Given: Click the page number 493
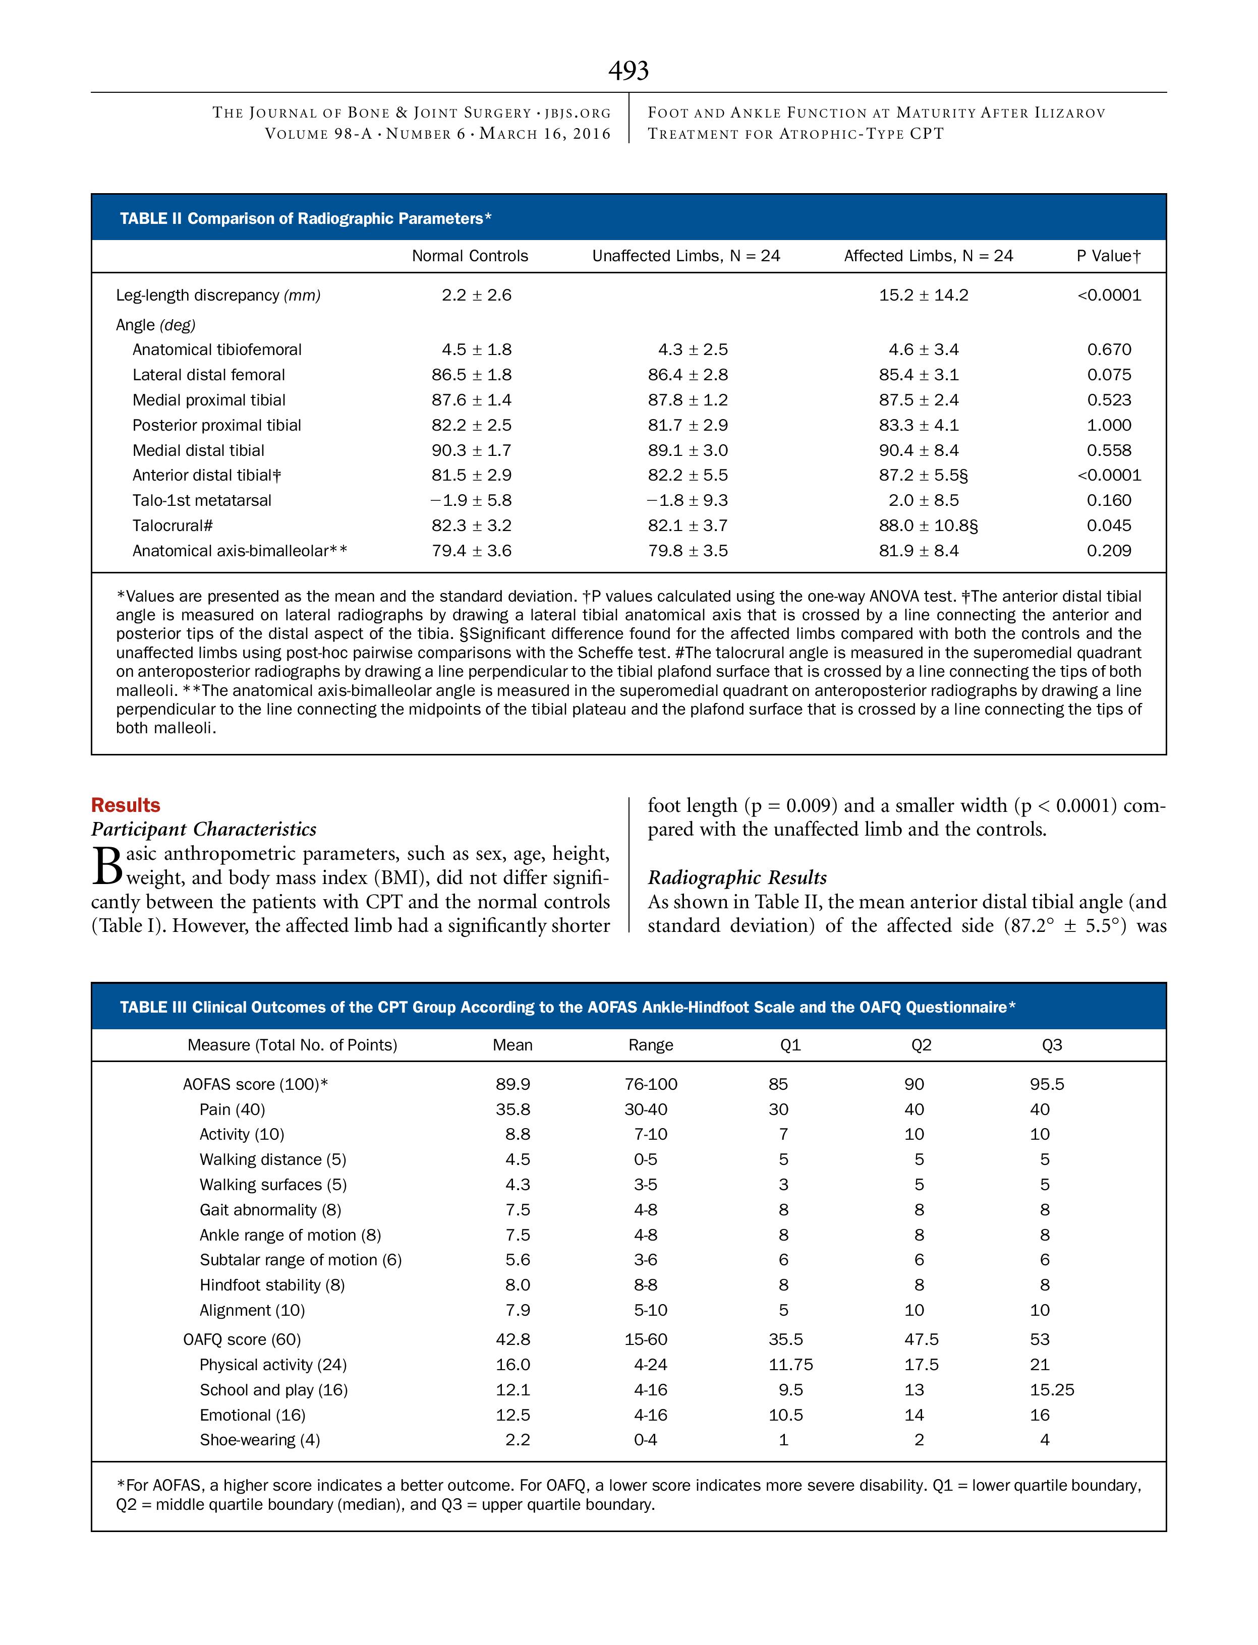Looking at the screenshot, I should coord(628,71).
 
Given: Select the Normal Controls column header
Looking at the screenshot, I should coord(470,256).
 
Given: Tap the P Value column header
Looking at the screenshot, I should coord(1108,256).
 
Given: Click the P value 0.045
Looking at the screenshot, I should coord(1109,525).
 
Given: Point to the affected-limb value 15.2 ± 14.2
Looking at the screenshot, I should coord(923,295).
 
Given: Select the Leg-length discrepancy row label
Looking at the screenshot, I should coord(218,295).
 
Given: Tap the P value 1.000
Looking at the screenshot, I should coord(1109,425).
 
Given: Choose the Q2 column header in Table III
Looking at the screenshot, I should coord(921,1045).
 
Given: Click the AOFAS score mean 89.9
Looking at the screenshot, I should coord(513,1084).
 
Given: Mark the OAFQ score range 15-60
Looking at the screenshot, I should coord(646,1339).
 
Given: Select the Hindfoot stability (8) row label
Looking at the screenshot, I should coord(272,1285).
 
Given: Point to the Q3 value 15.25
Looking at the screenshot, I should coord(1051,1390).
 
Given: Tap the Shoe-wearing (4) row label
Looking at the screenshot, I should coord(259,1440).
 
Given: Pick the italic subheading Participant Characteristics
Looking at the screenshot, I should coord(204,830).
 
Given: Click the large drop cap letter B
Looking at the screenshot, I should coord(106,865).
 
